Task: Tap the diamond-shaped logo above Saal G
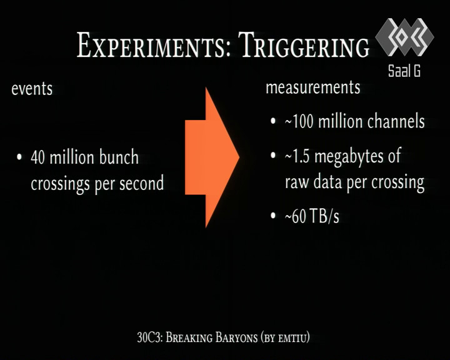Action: pyautogui.click(x=404, y=37)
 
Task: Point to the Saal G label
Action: pyautogui.click(x=404, y=71)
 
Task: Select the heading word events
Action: pyautogui.click(x=32, y=89)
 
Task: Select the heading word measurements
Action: pyautogui.click(x=313, y=87)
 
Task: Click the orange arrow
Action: pyautogui.click(x=212, y=157)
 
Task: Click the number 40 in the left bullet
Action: pyautogui.click(x=37, y=157)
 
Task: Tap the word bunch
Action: pyautogui.click(x=119, y=157)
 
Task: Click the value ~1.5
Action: pyautogui.click(x=297, y=157)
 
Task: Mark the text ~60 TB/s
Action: pyautogui.click(x=312, y=216)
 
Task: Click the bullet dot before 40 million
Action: pyautogui.click(x=19, y=157)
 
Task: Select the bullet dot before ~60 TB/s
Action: pyautogui.click(x=273, y=215)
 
